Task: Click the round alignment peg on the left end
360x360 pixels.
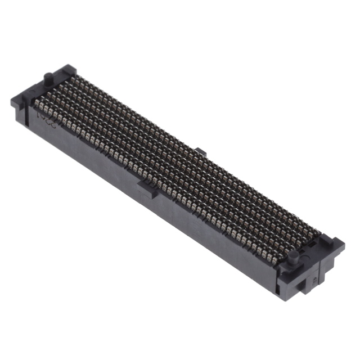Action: click(47, 76)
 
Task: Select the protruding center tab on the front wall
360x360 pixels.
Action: click(147, 188)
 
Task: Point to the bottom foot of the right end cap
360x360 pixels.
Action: click(307, 289)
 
